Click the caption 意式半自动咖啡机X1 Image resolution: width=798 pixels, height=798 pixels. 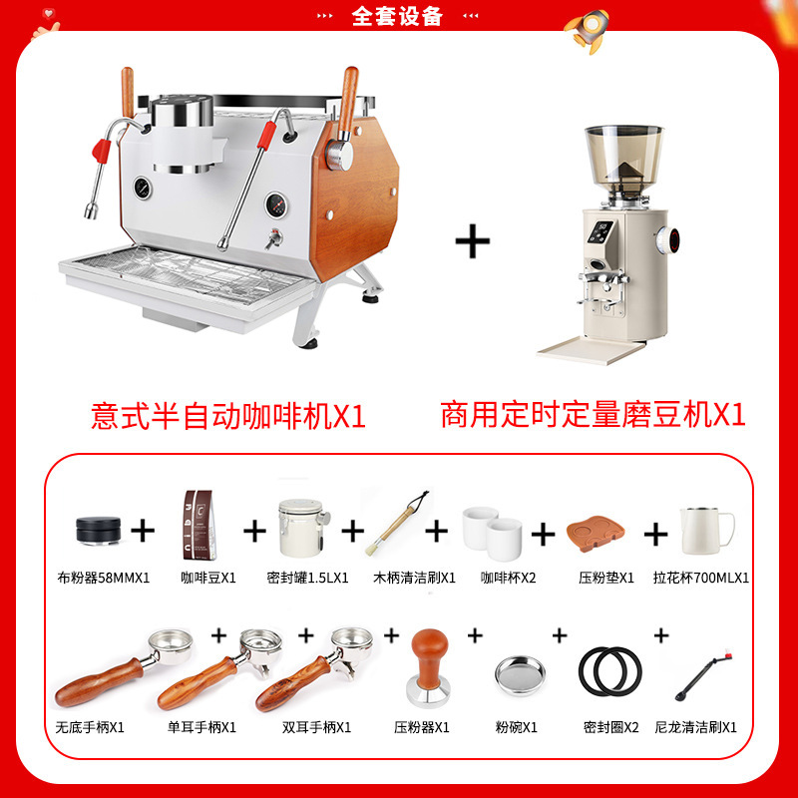tap(228, 414)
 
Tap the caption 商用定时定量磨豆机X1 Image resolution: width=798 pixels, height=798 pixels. tap(593, 414)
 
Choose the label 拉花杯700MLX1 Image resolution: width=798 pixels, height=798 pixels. tap(701, 578)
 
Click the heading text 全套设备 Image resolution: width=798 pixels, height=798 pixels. tap(398, 15)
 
